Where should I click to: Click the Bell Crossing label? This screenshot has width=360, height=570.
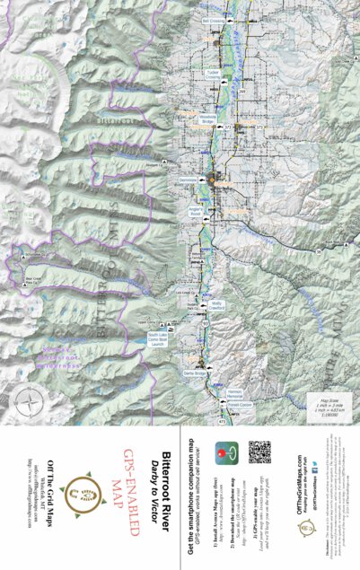click(x=214, y=20)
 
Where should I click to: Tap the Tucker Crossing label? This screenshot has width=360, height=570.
click(x=212, y=75)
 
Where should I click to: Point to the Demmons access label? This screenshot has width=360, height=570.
click(x=188, y=180)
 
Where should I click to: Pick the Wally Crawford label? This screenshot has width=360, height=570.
click(x=215, y=306)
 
